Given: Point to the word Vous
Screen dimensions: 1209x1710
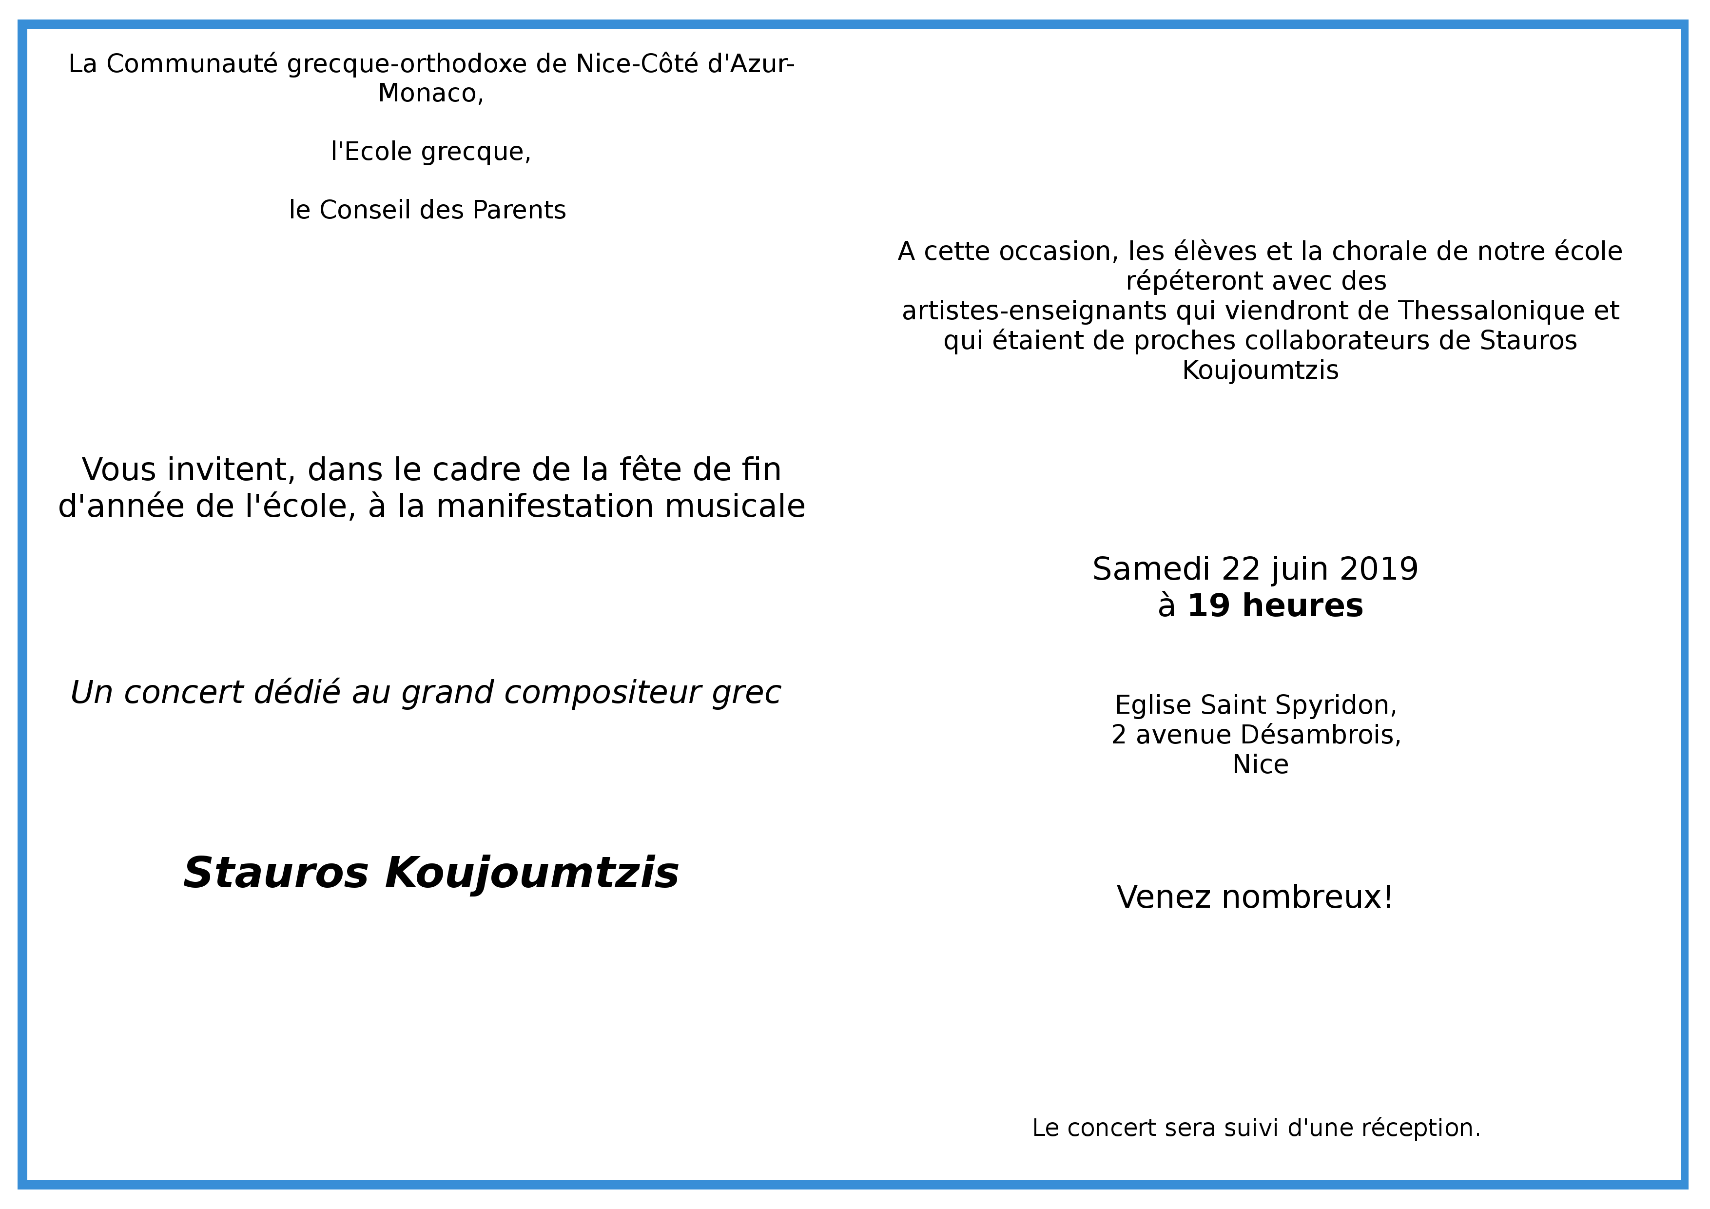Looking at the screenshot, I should tap(119, 470).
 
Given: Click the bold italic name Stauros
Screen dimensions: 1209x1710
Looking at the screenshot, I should tap(275, 873).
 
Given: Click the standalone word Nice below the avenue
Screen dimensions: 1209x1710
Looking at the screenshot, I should tap(1260, 765).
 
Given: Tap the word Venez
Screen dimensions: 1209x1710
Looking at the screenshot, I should tap(1164, 897).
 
